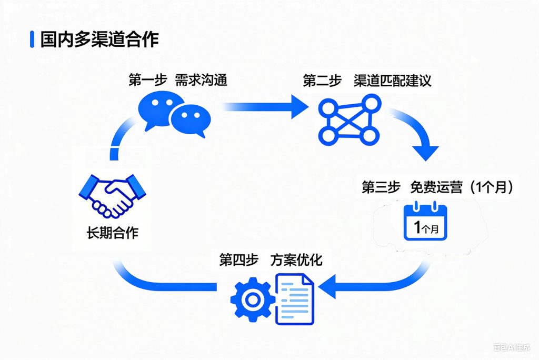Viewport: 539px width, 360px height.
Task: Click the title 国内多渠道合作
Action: click(x=99, y=39)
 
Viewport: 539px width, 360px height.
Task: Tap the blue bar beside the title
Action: click(x=33, y=39)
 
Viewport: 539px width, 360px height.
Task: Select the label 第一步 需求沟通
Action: click(x=177, y=81)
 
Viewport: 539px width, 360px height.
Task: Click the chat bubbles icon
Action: click(x=174, y=113)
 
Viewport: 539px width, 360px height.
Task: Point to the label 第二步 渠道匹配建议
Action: click(x=367, y=81)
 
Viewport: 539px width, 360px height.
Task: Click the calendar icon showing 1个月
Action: click(x=425, y=223)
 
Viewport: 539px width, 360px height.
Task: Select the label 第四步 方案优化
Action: click(x=271, y=259)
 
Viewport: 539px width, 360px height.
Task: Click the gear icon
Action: click(x=252, y=299)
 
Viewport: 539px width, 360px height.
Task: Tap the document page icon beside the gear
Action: click(x=295, y=299)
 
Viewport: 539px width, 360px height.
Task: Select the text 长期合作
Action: click(x=113, y=232)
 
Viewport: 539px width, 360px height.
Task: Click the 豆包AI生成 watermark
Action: click(x=512, y=347)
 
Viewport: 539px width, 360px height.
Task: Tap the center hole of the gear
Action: click(x=252, y=299)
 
